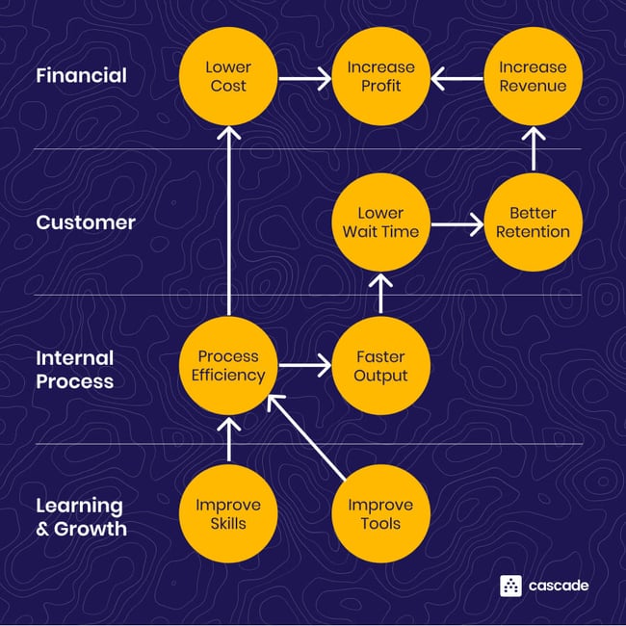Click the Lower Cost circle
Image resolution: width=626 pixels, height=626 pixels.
tap(227, 76)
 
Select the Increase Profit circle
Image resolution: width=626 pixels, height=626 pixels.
tap(380, 76)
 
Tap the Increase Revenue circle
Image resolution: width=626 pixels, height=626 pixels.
tap(533, 76)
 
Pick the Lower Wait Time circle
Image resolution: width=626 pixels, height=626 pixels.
tap(380, 222)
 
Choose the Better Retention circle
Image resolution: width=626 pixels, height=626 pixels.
tap(533, 222)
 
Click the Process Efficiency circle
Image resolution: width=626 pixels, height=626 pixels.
tap(227, 366)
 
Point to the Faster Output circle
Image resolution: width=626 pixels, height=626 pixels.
tap(380, 366)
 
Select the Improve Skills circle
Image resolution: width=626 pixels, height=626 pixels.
tap(227, 514)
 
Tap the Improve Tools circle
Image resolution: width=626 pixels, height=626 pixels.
tap(380, 514)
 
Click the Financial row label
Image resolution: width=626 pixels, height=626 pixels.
tap(81, 75)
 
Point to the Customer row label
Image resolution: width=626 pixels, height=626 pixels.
tap(86, 222)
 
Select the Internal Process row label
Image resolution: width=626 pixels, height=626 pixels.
tap(75, 369)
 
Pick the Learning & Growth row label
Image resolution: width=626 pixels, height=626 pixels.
tap(81, 516)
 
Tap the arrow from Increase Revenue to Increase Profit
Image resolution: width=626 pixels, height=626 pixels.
tap(456, 76)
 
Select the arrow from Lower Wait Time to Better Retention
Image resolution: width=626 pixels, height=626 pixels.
tap(456, 227)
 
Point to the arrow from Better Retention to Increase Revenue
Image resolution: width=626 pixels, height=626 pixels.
tap(533, 149)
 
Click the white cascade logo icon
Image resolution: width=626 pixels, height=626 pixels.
tap(510, 586)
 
